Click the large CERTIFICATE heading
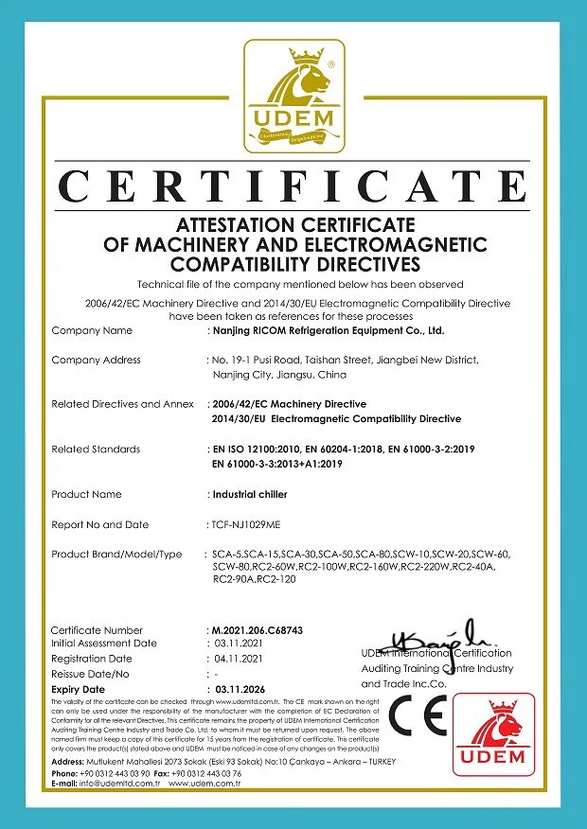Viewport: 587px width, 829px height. [293, 187]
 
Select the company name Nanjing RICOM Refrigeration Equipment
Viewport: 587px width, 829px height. [327, 331]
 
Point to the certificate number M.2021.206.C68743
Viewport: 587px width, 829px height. [256, 630]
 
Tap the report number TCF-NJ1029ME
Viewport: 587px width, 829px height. [245, 524]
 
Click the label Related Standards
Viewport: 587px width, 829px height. [96, 450]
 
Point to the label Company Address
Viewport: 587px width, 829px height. [96, 360]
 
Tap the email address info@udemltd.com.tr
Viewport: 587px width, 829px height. [115, 784]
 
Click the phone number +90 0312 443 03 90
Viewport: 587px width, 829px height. [116, 773]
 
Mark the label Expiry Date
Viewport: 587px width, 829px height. [78, 690]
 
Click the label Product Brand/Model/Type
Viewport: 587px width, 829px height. [116, 555]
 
